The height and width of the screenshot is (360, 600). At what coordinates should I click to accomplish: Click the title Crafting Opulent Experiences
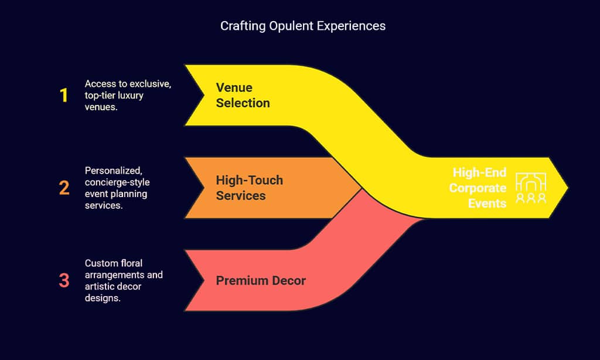[x=303, y=26]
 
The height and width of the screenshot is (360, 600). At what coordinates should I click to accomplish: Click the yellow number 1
[x=64, y=96]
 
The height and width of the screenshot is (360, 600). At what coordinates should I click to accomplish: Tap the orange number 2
[x=64, y=188]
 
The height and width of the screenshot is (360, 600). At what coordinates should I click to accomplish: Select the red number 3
[x=64, y=280]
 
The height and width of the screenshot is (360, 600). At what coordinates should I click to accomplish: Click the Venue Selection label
[x=243, y=95]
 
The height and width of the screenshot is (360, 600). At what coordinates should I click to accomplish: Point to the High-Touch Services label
[x=249, y=188]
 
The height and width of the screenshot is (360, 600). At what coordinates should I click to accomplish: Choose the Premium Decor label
[x=261, y=280]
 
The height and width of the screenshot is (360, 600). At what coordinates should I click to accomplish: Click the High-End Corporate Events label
[x=479, y=188]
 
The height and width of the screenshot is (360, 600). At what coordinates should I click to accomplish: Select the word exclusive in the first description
[x=149, y=84]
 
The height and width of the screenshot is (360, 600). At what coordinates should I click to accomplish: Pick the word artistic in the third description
[x=100, y=286]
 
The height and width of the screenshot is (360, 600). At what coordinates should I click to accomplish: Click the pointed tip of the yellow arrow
[x=567, y=188]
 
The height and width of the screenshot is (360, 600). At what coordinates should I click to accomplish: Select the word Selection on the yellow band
[x=243, y=103]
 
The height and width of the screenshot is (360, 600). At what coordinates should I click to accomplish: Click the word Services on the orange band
[x=241, y=195]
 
